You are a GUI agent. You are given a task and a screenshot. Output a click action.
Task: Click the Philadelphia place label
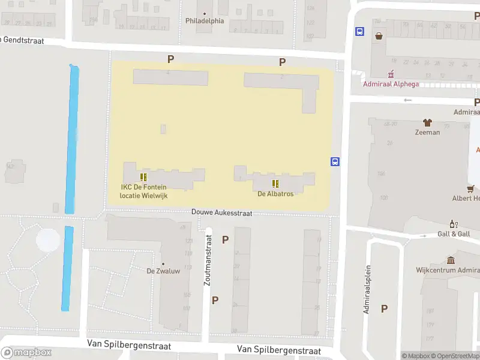click(x=205, y=20)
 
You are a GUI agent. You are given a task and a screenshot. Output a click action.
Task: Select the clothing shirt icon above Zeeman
click(x=427, y=123)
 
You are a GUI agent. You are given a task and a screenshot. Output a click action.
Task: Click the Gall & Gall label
click(x=453, y=234)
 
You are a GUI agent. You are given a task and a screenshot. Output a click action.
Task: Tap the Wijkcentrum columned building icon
click(x=451, y=260)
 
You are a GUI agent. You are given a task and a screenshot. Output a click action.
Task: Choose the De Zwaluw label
click(x=163, y=271)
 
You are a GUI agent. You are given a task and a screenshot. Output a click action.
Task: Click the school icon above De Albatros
click(x=275, y=184)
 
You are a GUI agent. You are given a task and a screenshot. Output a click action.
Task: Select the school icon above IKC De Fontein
click(x=143, y=177)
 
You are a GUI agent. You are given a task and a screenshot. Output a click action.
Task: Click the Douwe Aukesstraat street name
click(x=221, y=212)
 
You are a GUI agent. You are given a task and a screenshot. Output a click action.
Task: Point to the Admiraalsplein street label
click(x=367, y=290)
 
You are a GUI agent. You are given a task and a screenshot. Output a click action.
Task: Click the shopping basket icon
click(x=379, y=35)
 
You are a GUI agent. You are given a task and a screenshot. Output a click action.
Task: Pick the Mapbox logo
click(x=26, y=353)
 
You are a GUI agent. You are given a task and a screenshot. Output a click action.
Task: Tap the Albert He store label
click(x=466, y=198)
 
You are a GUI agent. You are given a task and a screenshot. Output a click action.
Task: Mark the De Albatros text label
click(x=275, y=194)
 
